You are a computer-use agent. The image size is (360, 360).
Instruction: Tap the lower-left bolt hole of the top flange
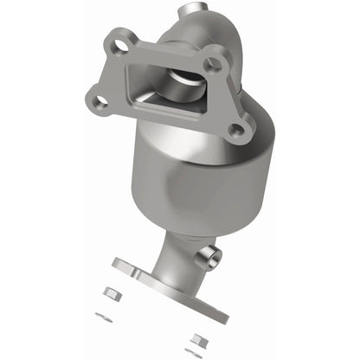coord(101,102)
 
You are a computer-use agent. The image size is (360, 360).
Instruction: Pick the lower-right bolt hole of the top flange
coord(234,130)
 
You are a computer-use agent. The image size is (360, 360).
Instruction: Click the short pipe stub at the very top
coord(209,12)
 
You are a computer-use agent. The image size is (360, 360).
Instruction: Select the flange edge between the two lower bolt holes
coord(164,119)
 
